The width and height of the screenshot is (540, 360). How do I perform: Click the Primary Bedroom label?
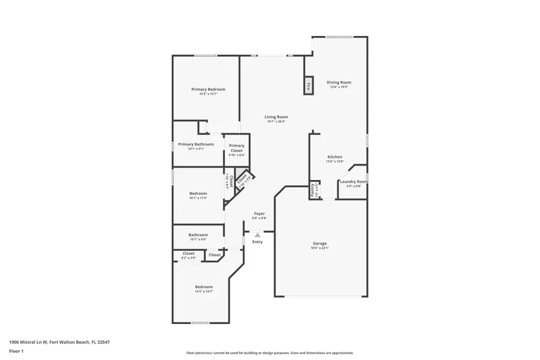point(208,89)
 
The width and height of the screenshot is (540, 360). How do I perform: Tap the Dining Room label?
point(339,82)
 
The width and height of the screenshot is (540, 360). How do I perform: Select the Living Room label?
point(277,117)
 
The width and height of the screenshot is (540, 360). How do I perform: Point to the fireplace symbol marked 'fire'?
point(309,85)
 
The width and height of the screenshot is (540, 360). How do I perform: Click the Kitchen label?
point(334,157)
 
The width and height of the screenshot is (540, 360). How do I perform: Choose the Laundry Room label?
point(353,181)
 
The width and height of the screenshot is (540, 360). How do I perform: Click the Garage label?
point(319,243)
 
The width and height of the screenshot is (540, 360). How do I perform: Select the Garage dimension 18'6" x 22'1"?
point(319,248)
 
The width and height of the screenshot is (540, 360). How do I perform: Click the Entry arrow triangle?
point(257,235)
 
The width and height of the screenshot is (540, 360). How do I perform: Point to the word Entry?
point(257,242)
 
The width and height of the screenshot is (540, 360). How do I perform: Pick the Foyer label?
point(259,214)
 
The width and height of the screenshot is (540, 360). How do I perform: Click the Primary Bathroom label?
point(196,144)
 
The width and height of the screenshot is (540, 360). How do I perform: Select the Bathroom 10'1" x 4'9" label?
point(198,235)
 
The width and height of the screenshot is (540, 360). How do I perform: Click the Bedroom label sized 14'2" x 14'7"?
point(204,287)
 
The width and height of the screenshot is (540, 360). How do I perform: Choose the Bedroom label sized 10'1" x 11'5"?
point(198,193)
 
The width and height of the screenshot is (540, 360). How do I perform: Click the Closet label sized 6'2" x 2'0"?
point(188,254)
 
